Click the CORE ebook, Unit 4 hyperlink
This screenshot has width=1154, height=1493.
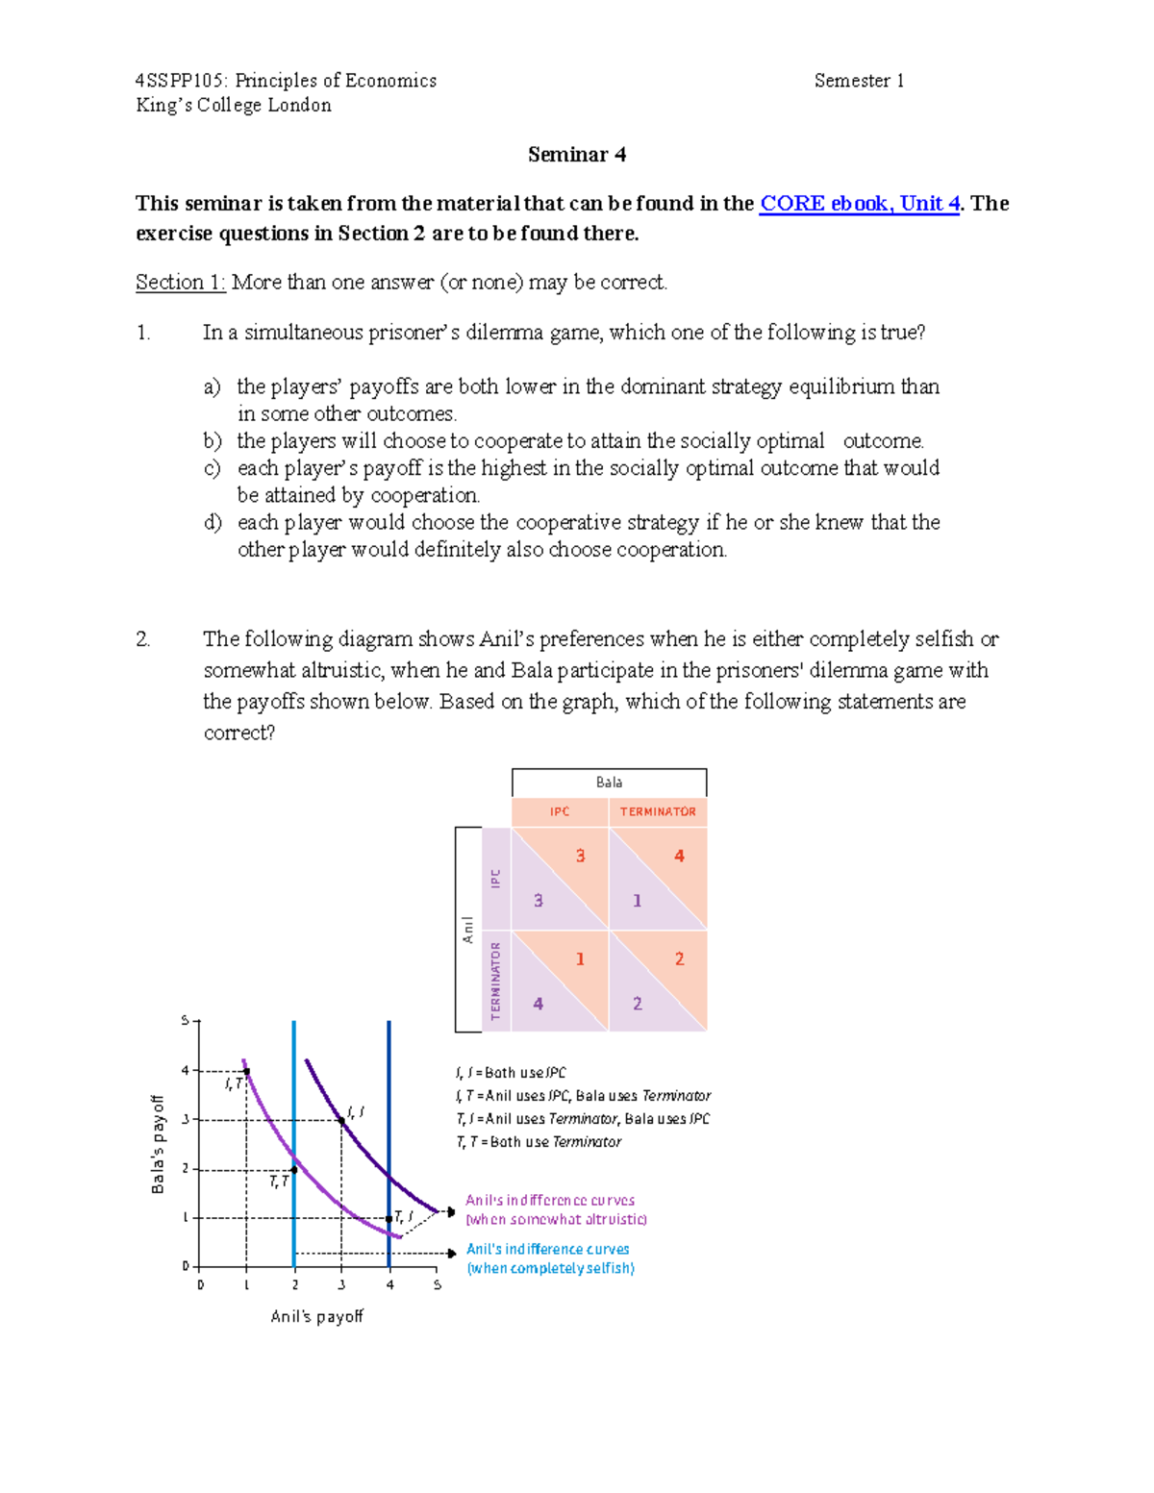[859, 204]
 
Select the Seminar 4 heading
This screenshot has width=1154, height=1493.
[577, 155]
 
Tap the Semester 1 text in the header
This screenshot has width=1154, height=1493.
[859, 81]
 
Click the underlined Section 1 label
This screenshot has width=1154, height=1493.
[180, 283]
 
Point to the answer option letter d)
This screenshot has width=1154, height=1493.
[213, 523]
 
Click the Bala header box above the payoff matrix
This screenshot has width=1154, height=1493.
[609, 783]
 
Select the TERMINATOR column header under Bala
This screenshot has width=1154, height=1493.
[658, 812]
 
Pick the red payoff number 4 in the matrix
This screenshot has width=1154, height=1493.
[679, 856]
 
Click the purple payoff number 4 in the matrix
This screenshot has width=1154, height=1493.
[539, 1004]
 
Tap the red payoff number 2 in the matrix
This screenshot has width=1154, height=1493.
[679, 958]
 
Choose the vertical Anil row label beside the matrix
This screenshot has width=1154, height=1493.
[467, 930]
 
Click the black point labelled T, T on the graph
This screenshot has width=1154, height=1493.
[294, 1169]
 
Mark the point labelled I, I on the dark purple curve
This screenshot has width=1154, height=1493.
[341, 1121]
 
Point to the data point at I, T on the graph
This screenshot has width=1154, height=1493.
[247, 1071]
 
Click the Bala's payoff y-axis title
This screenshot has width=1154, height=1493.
[159, 1144]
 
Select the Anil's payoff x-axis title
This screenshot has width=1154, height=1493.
[316, 1316]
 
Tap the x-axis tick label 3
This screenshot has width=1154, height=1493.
[341, 1284]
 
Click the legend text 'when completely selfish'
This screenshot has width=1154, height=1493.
[550, 1268]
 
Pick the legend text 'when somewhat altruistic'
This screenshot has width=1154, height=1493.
[556, 1219]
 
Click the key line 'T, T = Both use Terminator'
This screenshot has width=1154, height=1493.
[539, 1142]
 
